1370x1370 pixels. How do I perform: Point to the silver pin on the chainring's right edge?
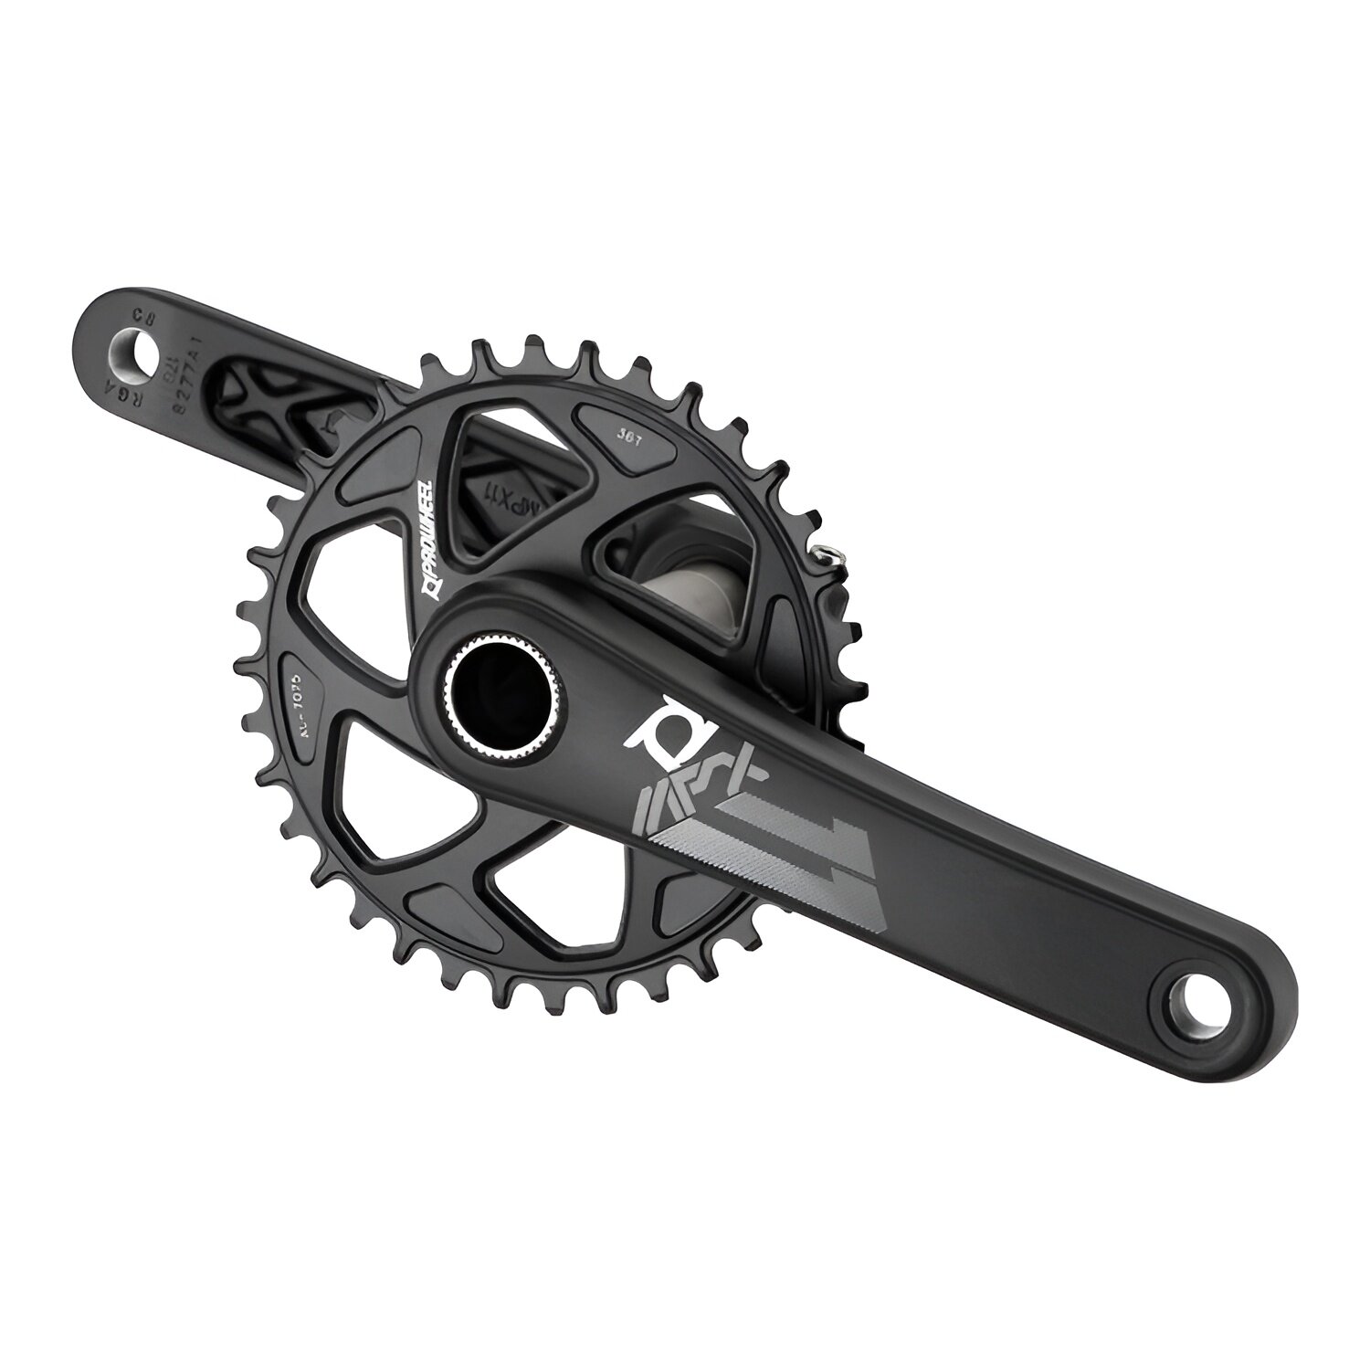(x=826, y=553)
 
